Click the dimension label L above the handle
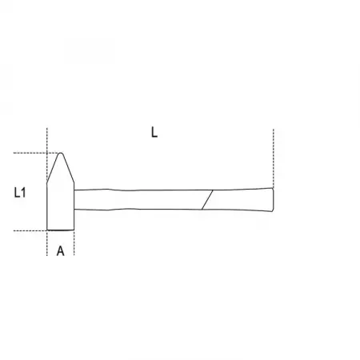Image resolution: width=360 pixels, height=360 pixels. click(x=154, y=132)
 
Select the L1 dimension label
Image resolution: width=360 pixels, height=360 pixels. click(x=20, y=192)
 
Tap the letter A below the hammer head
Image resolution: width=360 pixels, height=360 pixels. click(x=61, y=251)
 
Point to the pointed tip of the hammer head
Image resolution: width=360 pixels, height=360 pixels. click(x=61, y=153)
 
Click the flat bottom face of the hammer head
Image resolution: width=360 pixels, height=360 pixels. click(x=61, y=230)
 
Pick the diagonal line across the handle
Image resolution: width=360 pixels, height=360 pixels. click(x=207, y=200)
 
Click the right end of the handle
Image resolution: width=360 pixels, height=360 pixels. click(x=273, y=200)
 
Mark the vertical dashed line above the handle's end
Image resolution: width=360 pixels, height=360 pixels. click(x=274, y=158)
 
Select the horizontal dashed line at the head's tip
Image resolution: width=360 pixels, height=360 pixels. click(x=36, y=153)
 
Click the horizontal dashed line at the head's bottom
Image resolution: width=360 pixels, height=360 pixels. click(x=30, y=230)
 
